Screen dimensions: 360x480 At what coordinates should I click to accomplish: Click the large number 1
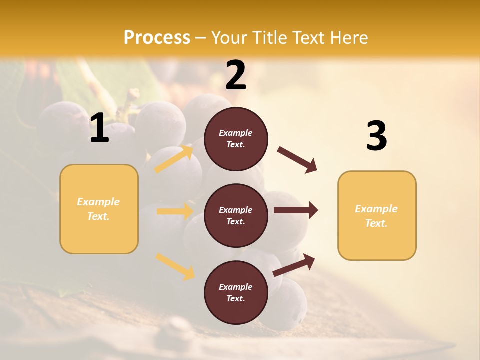[x=99, y=128]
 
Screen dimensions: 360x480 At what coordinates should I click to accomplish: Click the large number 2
[x=236, y=76]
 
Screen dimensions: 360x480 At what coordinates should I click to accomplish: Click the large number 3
[x=376, y=136]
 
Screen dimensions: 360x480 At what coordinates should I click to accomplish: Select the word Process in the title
[x=157, y=37]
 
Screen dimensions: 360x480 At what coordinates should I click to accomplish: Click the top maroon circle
[x=236, y=139]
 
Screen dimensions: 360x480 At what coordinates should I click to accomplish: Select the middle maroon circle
[x=236, y=215]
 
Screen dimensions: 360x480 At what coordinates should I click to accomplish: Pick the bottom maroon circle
[x=236, y=292]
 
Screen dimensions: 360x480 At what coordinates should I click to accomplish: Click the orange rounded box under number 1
[x=99, y=209]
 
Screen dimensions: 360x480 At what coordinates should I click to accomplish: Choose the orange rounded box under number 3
[x=377, y=215]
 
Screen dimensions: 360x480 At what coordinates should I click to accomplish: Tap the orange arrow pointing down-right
[x=175, y=266]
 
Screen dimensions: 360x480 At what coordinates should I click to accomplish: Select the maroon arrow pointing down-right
[x=297, y=159]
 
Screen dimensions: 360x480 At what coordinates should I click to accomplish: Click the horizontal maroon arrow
[x=295, y=210]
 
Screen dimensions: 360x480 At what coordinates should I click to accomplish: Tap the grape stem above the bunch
[x=131, y=100]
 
